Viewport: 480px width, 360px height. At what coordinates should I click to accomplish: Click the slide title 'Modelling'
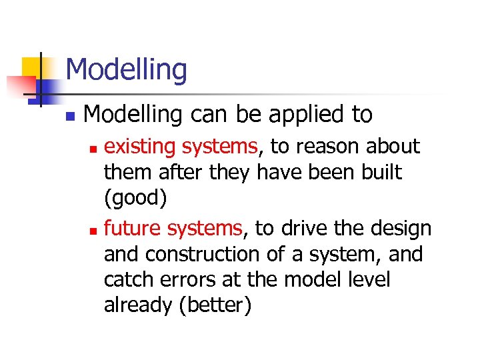click(x=127, y=69)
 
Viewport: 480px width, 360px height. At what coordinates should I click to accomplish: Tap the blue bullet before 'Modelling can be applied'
click(x=70, y=117)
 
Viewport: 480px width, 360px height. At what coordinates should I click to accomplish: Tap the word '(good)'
click(x=134, y=198)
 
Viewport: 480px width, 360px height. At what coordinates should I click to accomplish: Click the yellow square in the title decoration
click(x=31, y=67)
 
